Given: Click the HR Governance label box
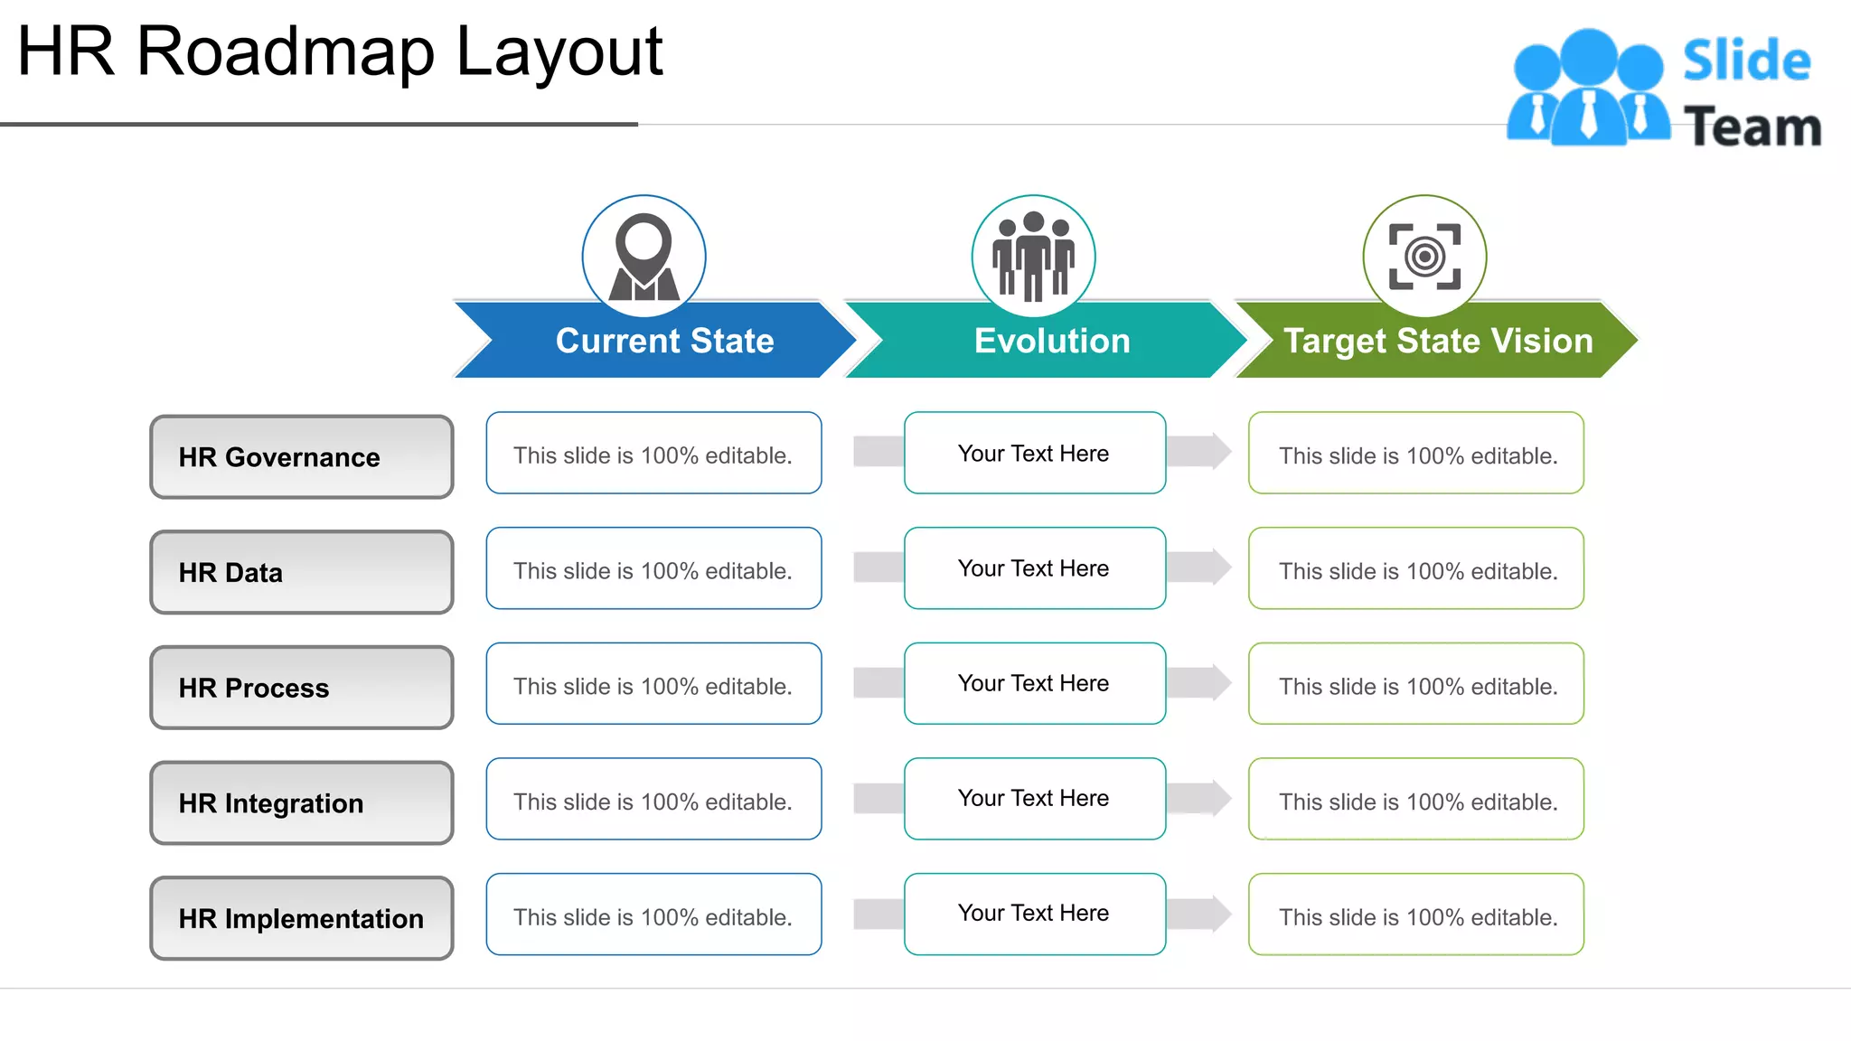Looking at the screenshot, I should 301,456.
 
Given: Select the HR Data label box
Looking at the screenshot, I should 301,572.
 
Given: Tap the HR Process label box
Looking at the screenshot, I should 301,687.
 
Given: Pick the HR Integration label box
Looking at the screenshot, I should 301,802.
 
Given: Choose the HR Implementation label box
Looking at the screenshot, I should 301,917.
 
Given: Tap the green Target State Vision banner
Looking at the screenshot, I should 1437,341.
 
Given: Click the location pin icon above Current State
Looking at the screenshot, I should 644,257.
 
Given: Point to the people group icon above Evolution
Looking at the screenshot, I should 1033,257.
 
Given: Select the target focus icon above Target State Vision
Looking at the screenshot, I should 1424,257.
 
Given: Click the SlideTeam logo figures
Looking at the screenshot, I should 1588,88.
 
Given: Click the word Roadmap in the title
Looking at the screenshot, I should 285,52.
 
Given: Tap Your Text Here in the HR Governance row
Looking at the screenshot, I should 1034,453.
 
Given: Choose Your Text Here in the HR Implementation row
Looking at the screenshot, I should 1034,913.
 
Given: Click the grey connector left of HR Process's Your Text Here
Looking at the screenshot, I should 878,683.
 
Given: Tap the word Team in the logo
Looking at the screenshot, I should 1752,127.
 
